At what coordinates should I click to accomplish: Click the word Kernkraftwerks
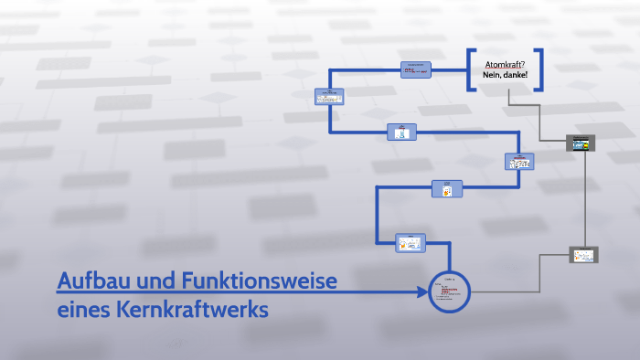(x=192, y=310)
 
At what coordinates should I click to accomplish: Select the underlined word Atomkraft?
(x=505, y=63)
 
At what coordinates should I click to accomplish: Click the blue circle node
(x=449, y=291)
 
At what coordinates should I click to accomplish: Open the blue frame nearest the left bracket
(x=416, y=70)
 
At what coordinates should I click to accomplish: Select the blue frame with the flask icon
(x=401, y=132)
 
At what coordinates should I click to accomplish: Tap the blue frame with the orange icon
(x=447, y=189)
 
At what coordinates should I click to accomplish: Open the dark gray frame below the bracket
(x=581, y=143)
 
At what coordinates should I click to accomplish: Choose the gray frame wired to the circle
(x=582, y=255)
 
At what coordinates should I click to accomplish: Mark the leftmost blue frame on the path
(x=329, y=97)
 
